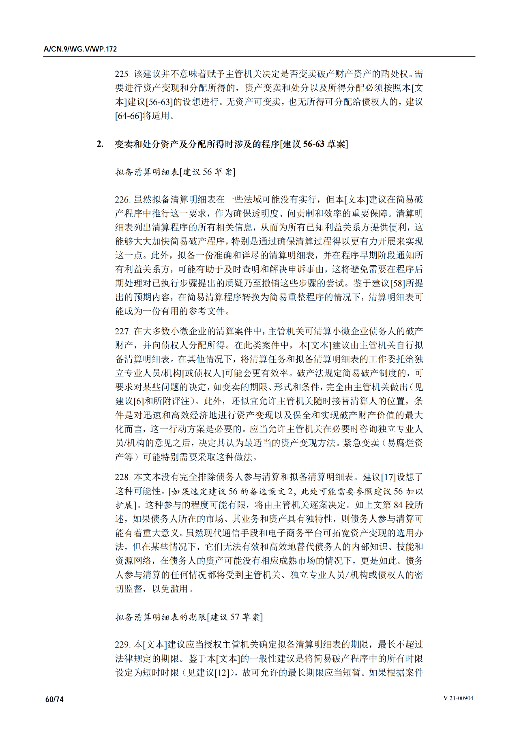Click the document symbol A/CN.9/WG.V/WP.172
(x=80, y=49)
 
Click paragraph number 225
(x=122, y=74)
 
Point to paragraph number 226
(x=122, y=200)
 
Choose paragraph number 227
(x=122, y=331)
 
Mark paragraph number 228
(x=122, y=477)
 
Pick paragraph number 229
(x=122, y=645)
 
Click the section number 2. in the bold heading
(x=100, y=144)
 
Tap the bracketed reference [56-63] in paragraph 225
(x=159, y=102)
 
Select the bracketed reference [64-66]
(x=129, y=116)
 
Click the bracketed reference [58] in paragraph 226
(x=397, y=283)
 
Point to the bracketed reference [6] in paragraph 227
(x=139, y=401)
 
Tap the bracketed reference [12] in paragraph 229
(x=221, y=673)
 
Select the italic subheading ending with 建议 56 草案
(x=175, y=172)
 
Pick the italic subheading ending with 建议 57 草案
(x=189, y=617)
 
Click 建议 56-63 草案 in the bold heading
(x=314, y=144)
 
